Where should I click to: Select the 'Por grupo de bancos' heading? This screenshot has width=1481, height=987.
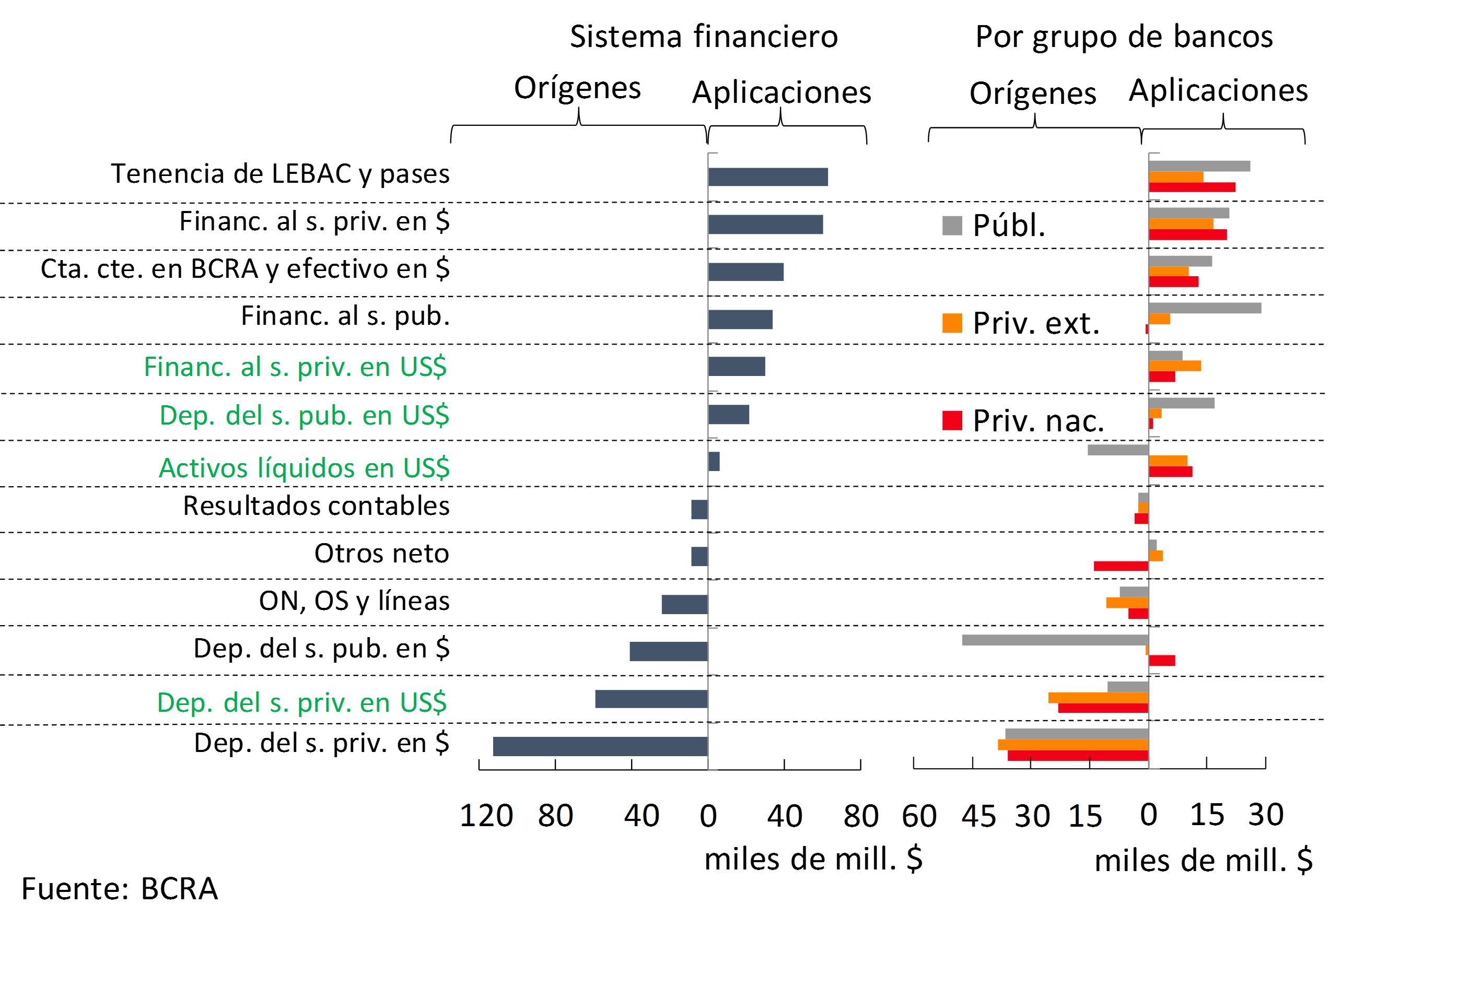(x=1124, y=37)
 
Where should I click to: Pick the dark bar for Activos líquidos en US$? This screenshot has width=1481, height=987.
(x=714, y=462)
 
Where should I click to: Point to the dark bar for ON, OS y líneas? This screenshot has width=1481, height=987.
(x=684, y=604)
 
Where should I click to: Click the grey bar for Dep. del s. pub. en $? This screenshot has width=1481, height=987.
(x=1055, y=640)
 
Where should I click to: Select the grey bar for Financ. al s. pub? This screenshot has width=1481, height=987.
(x=1205, y=308)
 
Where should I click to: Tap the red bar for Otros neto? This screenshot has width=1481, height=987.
(x=1121, y=566)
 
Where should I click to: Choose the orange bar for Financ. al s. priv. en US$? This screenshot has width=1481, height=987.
(x=1174, y=366)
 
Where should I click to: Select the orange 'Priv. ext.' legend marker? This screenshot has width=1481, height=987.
(x=952, y=323)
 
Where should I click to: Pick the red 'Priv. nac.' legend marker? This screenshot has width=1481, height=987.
(x=952, y=420)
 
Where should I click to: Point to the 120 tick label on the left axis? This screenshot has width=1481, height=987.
(x=486, y=816)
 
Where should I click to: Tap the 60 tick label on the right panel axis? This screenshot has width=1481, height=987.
(x=919, y=816)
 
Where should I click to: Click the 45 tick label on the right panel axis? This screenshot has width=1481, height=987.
(x=978, y=816)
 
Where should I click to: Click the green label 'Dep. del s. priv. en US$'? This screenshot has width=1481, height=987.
(x=301, y=702)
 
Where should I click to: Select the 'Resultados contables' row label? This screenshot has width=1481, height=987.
(x=316, y=506)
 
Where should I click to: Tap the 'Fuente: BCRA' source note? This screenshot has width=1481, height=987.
(x=120, y=889)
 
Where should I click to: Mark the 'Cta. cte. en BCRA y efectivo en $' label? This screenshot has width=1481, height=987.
(x=245, y=269)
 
